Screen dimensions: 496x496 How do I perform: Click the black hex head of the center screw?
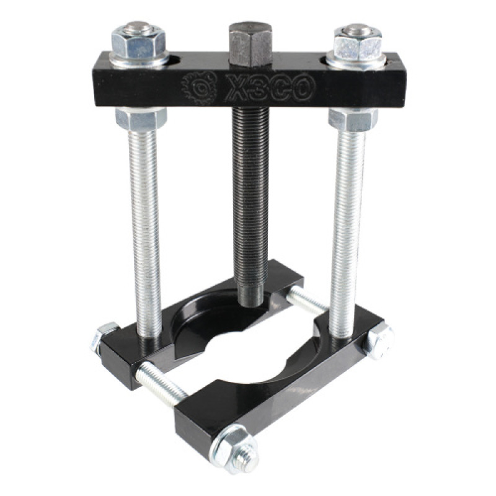click(x=250, y=44)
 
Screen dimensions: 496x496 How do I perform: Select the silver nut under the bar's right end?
click(x=353, y=119)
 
